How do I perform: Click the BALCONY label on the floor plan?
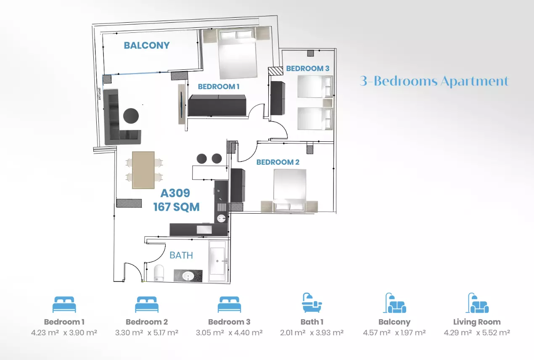pyautogui.click(x=147, y=45)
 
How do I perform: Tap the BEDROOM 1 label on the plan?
pyautogui.click(x=219, y=87)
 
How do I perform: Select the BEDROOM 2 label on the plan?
pyautogui.click(x=278, y=162)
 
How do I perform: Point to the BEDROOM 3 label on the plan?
pyautogui.click(x=307, y=69)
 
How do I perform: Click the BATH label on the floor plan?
pyautogui.click(x=181, y=255)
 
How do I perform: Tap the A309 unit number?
pyautogui.click(x=175, y=193)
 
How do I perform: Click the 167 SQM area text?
pyautogui.click(x=177, y=207)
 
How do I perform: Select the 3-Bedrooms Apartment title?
pyautogui.click(x=434, y=81)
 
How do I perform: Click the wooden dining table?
pyautogui.click(x=143, y=170)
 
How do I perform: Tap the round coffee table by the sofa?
pyautogui.click(x=131, y=116)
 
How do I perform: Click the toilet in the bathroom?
pyautogui.click(x=159, y=273)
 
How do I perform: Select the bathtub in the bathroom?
pyautogui.click(x=217, y=261)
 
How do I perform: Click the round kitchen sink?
pyautogui.click(x=222, y=218)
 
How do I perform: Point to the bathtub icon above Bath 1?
pyautogui.click(x=312, y=303)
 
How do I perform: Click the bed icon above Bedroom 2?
pyautogui.click(x=147, y=304)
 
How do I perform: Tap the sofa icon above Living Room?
pyautogui.click(x=477, y=303)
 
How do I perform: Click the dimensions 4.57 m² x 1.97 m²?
pyautogui.click(x=394, y=333)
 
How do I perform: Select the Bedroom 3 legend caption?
pyautogui.click(x=229, y=322)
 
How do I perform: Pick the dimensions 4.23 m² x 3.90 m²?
pyautogui.click(x=64, y=333)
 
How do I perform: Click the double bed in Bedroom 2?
pyautogui.click(x=290, y=190)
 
